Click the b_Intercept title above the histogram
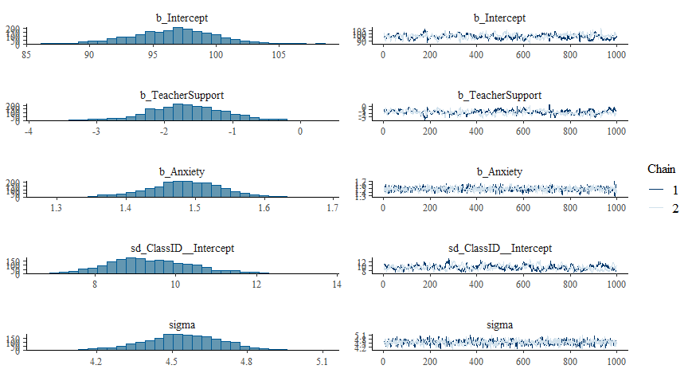coord(182,18)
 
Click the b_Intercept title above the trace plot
coord(499,18)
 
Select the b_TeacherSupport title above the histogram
coord(182,95)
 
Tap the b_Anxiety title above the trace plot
coord(499,171)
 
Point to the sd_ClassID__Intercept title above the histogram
coord(182,249)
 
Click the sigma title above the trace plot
coord(499,325)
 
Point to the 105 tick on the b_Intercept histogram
coord(278,55)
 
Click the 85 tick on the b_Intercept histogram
coord(27,55)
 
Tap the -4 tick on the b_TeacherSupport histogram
coord(28,132)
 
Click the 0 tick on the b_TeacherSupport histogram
coord(300,132)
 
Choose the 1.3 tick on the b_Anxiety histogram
coord(57,209)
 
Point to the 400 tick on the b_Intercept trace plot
coord(476,55)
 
